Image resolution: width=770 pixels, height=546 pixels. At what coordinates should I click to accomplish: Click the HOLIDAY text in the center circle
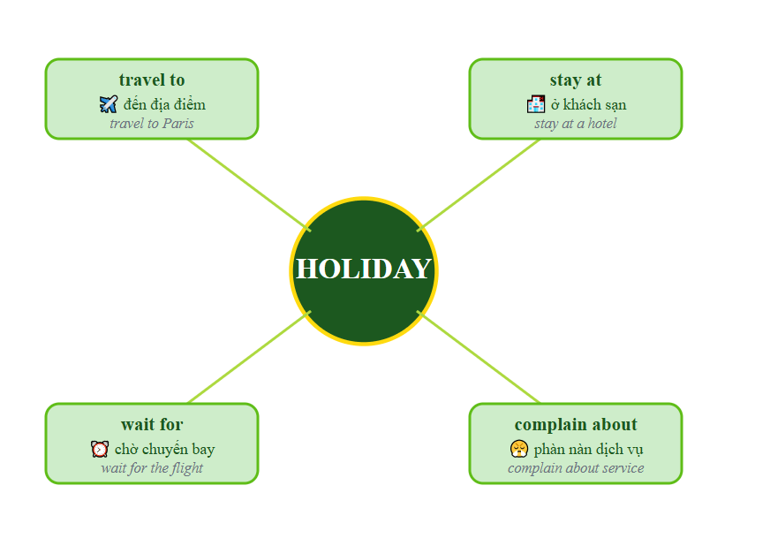[363, 269]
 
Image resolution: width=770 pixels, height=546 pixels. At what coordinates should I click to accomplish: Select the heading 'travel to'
[152, 80]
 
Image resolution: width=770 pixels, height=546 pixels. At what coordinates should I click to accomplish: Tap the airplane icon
[109, 104]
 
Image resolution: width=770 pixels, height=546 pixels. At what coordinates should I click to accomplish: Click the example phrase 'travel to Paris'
[152, 124]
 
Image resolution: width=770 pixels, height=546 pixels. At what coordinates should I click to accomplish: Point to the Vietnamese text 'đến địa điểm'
[164, 104]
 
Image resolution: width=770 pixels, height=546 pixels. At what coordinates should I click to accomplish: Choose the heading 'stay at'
[576, 80]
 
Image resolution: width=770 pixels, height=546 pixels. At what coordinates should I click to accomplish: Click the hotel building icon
[536, 104]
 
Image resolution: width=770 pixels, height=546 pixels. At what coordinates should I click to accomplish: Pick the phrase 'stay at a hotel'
[576, 124]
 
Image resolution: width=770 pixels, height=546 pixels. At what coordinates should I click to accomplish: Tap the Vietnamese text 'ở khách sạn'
[588, 104]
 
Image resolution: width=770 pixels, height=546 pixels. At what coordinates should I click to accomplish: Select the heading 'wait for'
[152, 425]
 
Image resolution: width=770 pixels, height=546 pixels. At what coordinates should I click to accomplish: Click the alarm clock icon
[100, 449]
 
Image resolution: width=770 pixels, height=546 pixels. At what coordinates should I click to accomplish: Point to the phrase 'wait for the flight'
[152, 468]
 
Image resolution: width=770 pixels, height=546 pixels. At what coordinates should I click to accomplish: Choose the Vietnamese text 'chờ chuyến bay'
[164, 449]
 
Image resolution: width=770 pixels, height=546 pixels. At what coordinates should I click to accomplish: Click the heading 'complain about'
[576, 425]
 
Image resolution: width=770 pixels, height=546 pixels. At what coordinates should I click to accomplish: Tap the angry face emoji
[518, 449]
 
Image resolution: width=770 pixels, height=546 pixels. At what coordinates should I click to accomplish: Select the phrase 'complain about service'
[576, 468]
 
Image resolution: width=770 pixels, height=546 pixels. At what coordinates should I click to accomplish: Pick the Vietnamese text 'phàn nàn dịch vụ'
[588, 449]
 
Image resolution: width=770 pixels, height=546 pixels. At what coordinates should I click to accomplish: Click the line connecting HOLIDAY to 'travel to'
[249, 184]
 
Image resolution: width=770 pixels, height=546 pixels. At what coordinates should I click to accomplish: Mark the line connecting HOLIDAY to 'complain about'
[479, 357]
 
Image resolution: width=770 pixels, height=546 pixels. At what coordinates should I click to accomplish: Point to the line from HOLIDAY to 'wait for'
[249, 357]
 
